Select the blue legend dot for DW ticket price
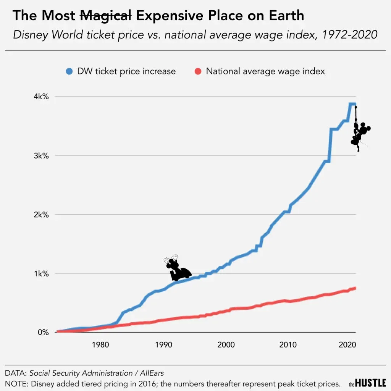[x=69, y=71]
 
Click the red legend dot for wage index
[x=197, y=71]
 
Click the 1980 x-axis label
[x=101, y=345]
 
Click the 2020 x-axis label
[x=347, y=345]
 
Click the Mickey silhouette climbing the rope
[x=360, y=134]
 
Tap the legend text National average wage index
[x=265, y=71]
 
